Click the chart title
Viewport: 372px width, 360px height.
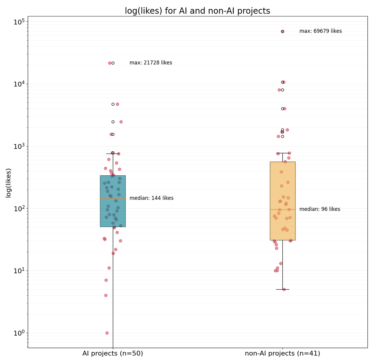coord(197,11)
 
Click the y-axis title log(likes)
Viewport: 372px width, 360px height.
coord(9,183)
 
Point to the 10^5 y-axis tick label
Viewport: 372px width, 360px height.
coord(19,22)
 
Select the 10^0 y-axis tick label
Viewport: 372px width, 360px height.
coord(19,333)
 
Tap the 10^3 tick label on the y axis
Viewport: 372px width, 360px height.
coord(19,146)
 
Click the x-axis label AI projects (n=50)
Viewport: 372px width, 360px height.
coord(113,353)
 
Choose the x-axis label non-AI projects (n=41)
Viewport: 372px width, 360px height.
coord(282,353)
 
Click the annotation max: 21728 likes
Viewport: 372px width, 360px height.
coord(151,63)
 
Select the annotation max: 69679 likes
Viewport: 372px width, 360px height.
coord(321,31)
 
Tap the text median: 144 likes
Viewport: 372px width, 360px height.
coord(151,198)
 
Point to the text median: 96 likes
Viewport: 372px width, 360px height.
coord(320,209)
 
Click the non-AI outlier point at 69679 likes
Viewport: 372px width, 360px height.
coord(282,31)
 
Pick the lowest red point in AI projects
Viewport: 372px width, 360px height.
coord(107,333)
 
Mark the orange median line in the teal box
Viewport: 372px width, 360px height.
coord(113,198)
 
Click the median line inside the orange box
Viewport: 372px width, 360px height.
coord(282,209)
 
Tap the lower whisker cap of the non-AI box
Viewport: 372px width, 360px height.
coord(282,289)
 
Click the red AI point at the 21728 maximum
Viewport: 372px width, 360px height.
coord(109,63)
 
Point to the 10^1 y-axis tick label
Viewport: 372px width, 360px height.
coord(19,271)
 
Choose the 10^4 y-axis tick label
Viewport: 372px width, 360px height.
coord(19,84)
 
